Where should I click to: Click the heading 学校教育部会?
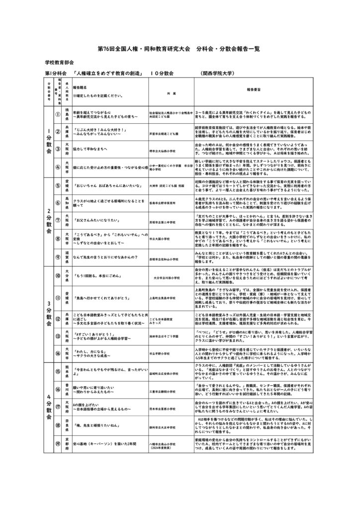(59, 64)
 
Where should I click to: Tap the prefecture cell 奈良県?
(66, 439)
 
